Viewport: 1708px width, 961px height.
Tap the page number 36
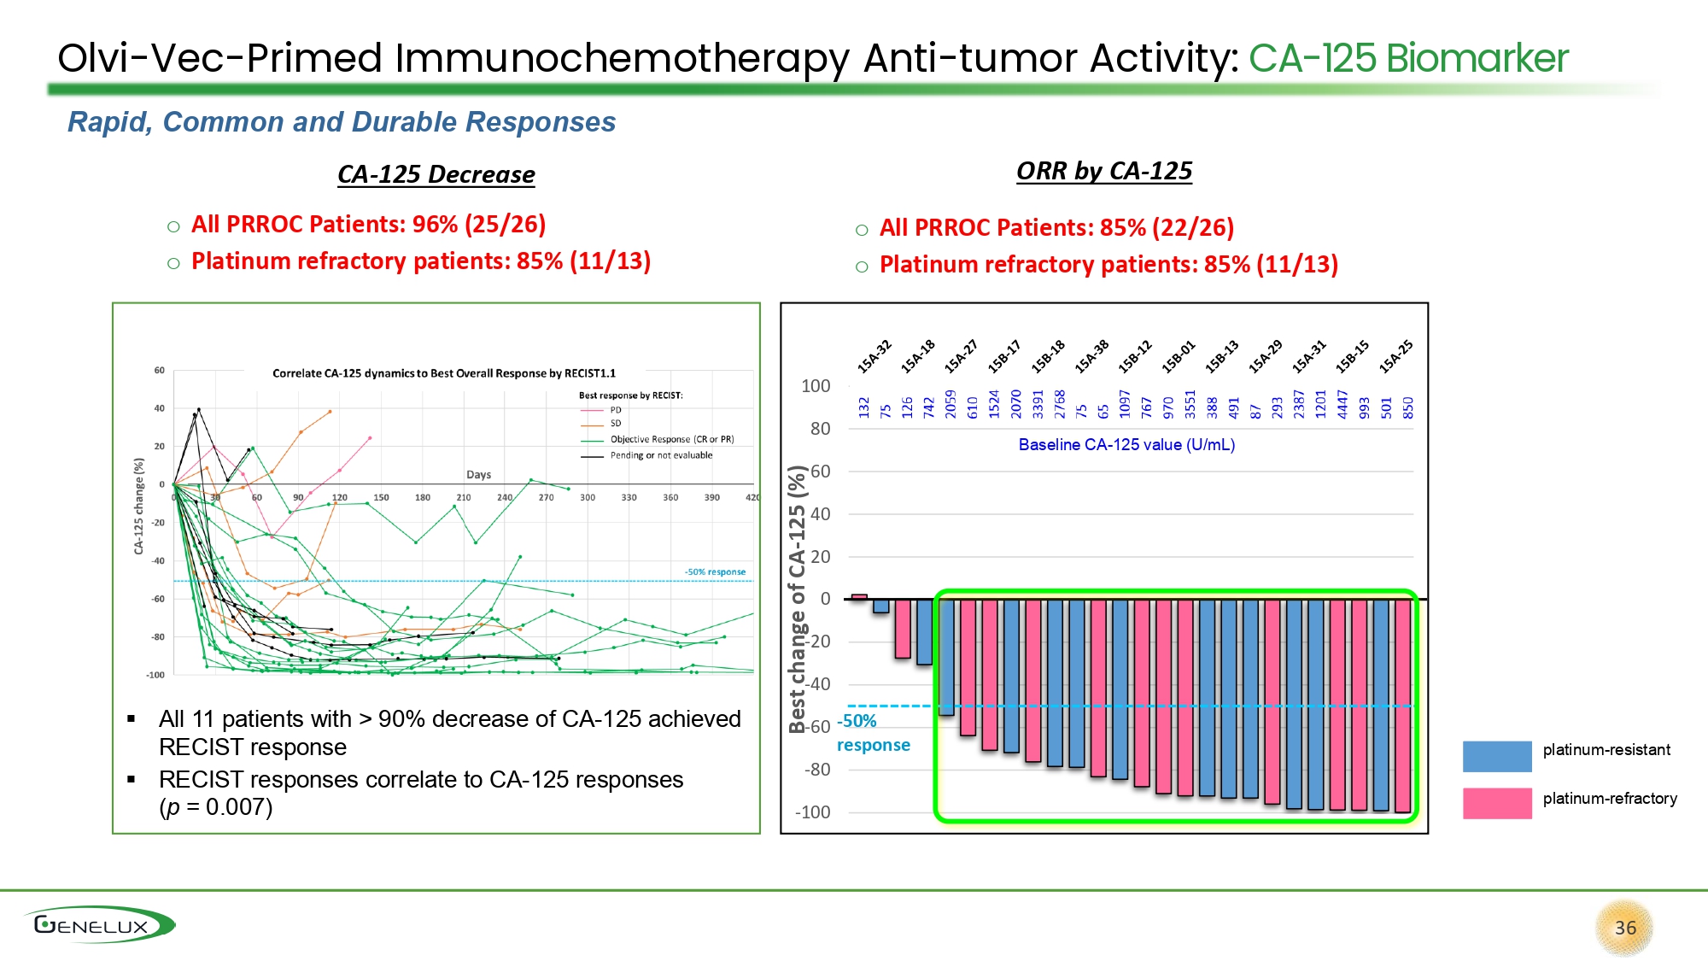click(x=1625, y=928)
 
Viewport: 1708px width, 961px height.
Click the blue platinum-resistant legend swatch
click(x=1496, y=756)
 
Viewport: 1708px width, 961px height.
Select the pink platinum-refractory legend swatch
click(x=1496, y=803)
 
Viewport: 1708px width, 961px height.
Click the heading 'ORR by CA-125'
click(x=1103, y=171)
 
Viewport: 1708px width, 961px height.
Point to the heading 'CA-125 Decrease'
click(x=436, y=174)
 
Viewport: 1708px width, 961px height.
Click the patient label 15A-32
click(x=874, y=356)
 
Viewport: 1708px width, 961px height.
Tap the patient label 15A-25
click(x=1395, y=356)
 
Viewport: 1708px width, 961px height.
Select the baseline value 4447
click(x=1342, y=405)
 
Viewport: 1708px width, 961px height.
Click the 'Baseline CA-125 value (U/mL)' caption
click(x=1126, y=444)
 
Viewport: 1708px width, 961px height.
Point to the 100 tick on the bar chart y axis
click(x=816, y=386)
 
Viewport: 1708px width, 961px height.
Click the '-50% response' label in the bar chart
click(x=873, y=733)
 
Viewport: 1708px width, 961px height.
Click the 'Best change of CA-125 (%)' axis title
click(x=798, y=598)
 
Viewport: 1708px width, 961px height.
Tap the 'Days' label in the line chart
click(x=478, y=474)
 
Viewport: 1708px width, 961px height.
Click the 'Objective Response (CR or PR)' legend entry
click(x=671, y=439)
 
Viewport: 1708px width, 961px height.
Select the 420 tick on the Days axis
click(x=752, y=497)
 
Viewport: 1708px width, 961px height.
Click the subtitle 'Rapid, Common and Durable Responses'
click(x=342, y=122)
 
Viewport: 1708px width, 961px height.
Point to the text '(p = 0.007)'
click(x=215, y=807)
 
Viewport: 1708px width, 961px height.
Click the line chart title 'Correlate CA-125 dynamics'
click(x=443, y=373)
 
